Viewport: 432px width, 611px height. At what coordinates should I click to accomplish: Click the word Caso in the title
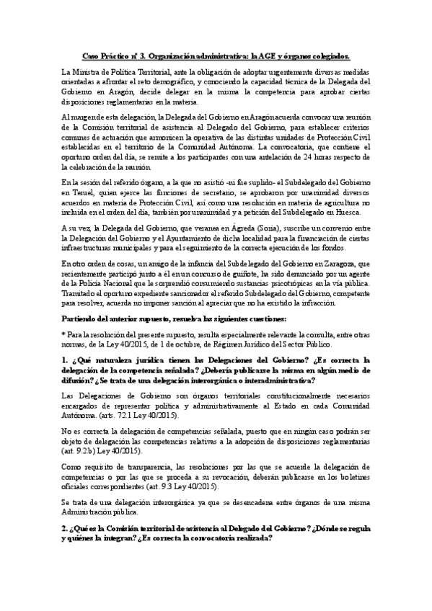[x=90, y=55]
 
